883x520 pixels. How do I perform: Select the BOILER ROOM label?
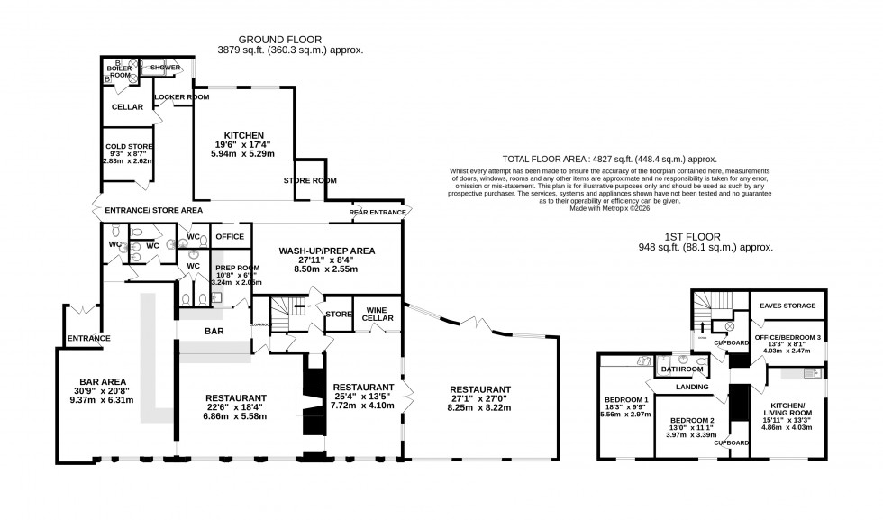tap(120, 71)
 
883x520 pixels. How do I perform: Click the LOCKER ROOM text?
tap(181, 96)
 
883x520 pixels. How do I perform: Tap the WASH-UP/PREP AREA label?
tap(326, 251)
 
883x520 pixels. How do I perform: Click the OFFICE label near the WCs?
tap(230, 236)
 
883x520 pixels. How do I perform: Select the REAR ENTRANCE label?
tap(378, 213)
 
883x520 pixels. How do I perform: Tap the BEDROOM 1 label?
tap(627, 399)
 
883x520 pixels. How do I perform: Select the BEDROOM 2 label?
tap(692, 421)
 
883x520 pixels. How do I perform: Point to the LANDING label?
tap(691, 388)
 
